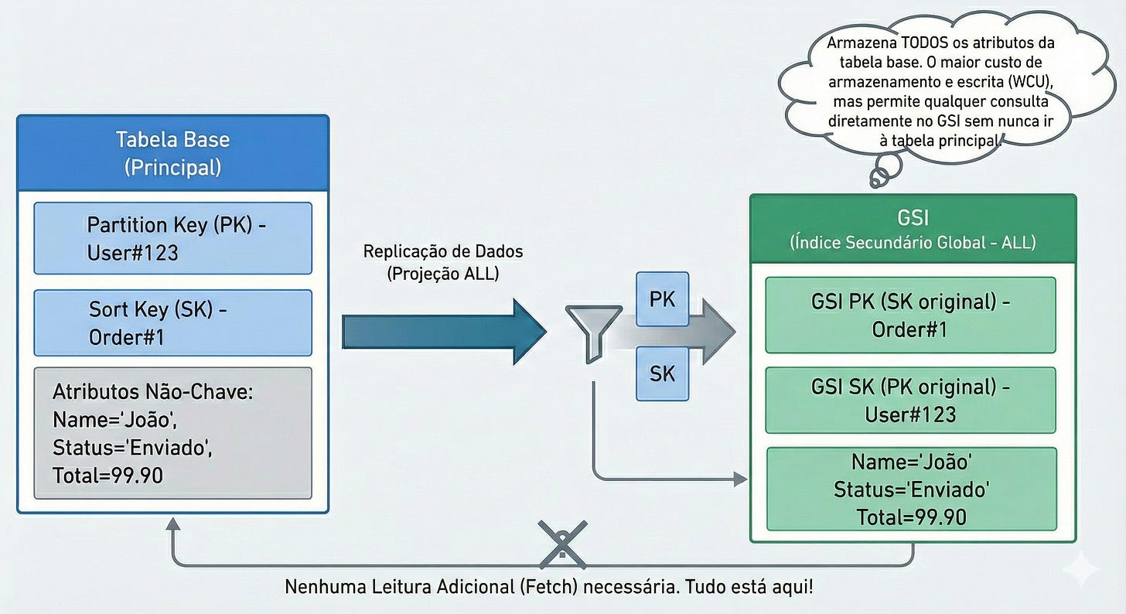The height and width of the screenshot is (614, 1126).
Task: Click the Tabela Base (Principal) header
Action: click(172, 152)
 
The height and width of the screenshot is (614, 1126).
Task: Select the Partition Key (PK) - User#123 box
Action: click(172, 238)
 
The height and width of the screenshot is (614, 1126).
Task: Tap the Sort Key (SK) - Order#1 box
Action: click(172, 322)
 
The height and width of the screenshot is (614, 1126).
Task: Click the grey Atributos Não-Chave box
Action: click(172, 433)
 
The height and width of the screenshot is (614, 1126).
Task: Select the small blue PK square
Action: click(662, 298)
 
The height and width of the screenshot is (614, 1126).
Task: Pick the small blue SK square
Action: click(662, 374)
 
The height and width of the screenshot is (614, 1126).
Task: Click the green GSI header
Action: click(913, 228)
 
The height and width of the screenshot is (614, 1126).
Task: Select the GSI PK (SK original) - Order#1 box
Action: click(910, 315)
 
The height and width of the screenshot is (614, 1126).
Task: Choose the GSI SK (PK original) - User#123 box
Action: click(910, 400)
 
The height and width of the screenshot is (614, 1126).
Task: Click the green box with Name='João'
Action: click(911, 489)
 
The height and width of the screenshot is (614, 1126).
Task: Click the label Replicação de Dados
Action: click(443, 251)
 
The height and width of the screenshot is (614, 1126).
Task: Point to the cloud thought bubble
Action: click(928, 93)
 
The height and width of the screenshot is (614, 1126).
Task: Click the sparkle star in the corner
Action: click(1080, 571)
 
